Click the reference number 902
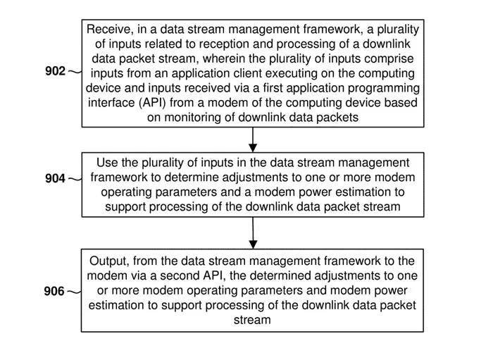[55, 71]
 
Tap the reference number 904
[55, 178]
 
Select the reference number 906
[54, 291]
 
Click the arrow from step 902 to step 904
[253, 139]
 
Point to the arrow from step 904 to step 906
[253, 233]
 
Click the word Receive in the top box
[107, 30]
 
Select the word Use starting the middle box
[107, 163]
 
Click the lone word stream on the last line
[252, 320]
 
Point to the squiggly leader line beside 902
[75, 72]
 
